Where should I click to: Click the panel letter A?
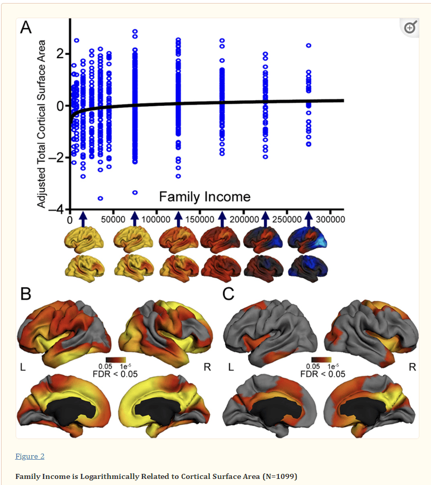26,28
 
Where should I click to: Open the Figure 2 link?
30,456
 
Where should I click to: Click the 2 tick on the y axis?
61,54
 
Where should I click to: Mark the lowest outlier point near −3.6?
100,198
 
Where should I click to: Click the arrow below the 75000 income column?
135,218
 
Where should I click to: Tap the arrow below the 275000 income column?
309,218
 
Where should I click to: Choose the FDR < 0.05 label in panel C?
322,374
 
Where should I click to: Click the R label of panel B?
207,367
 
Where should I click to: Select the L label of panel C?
231,367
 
